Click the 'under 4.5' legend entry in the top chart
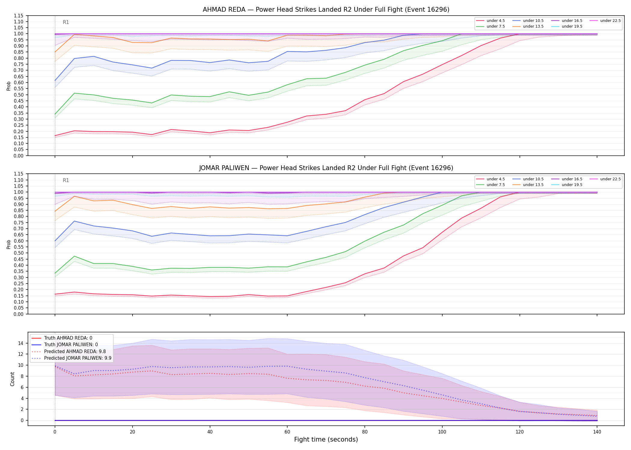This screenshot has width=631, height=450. click(x=491, y=21)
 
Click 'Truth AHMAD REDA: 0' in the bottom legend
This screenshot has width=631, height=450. click(x=62, y=338)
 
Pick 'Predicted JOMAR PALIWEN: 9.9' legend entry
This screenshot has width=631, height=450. click(x=72, y=358)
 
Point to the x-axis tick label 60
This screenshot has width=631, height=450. click(x=287, y=432)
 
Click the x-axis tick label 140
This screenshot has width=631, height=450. click(x=597, y=432)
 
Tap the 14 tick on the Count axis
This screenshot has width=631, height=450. click(x=21, y=343)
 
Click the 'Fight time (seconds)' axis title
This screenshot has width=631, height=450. click(x=326, y=439)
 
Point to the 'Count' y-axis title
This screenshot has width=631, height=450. click(x=12, y=379)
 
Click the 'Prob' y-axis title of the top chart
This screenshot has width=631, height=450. click(x=9, y=86)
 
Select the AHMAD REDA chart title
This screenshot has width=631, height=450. click(x=326, y=10)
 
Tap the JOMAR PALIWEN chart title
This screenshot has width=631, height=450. click(x=326, y=168)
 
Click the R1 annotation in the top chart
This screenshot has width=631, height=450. click(x=66, y=22)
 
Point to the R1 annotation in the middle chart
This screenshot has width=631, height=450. click(x=66, y=180)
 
